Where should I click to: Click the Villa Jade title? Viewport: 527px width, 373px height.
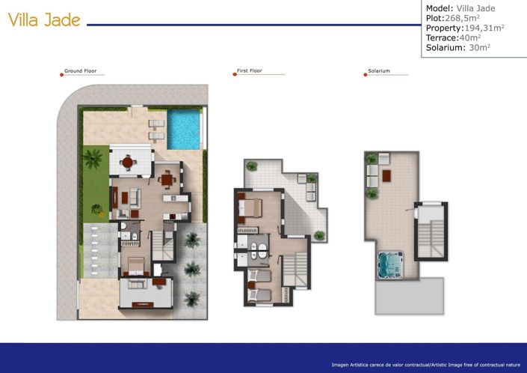pyautogui.click(x=44, y=20)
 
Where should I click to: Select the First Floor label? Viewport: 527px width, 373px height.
pyautogui.click(x=249, y=71)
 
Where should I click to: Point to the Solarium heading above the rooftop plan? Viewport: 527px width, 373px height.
pyautogui.click(x=378, y=72)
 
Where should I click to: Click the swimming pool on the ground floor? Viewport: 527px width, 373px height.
pyautogui.click(x=184, y=130)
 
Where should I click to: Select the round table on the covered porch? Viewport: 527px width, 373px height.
pyautogui.click(x=128, y=161)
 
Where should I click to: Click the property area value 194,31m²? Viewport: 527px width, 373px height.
pyautogui.click(x=476, y=28)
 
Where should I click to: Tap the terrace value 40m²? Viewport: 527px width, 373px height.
pyautogui.click(x=469, y=37)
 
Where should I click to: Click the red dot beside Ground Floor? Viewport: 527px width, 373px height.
pyautogui.click(x=61, y=74)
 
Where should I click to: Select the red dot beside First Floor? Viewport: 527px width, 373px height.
pyautogui.click(x=235, y=74)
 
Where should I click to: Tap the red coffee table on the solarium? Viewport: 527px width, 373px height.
pyautogui.click(x=386, y=176)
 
